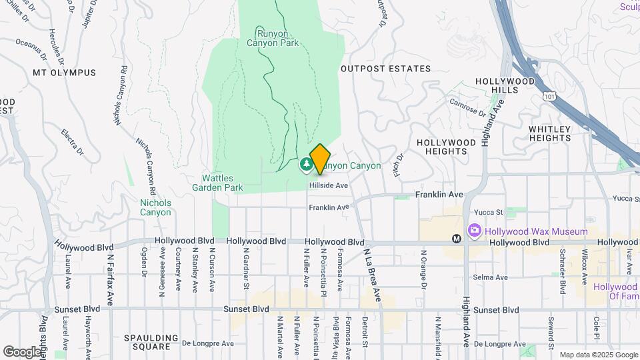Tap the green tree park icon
click(x=306, y=163)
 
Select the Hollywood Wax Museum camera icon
click(x=475, y=231)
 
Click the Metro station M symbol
click(x=457, y=238)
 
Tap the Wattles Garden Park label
click(x=223, y=183)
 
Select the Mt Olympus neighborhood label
click(x=65, y=72)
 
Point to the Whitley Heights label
click(x=550, y=133)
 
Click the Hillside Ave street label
click(x=329, y=185)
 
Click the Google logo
click(x=22, y=351)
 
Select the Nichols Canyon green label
click(x=155, y=207)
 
